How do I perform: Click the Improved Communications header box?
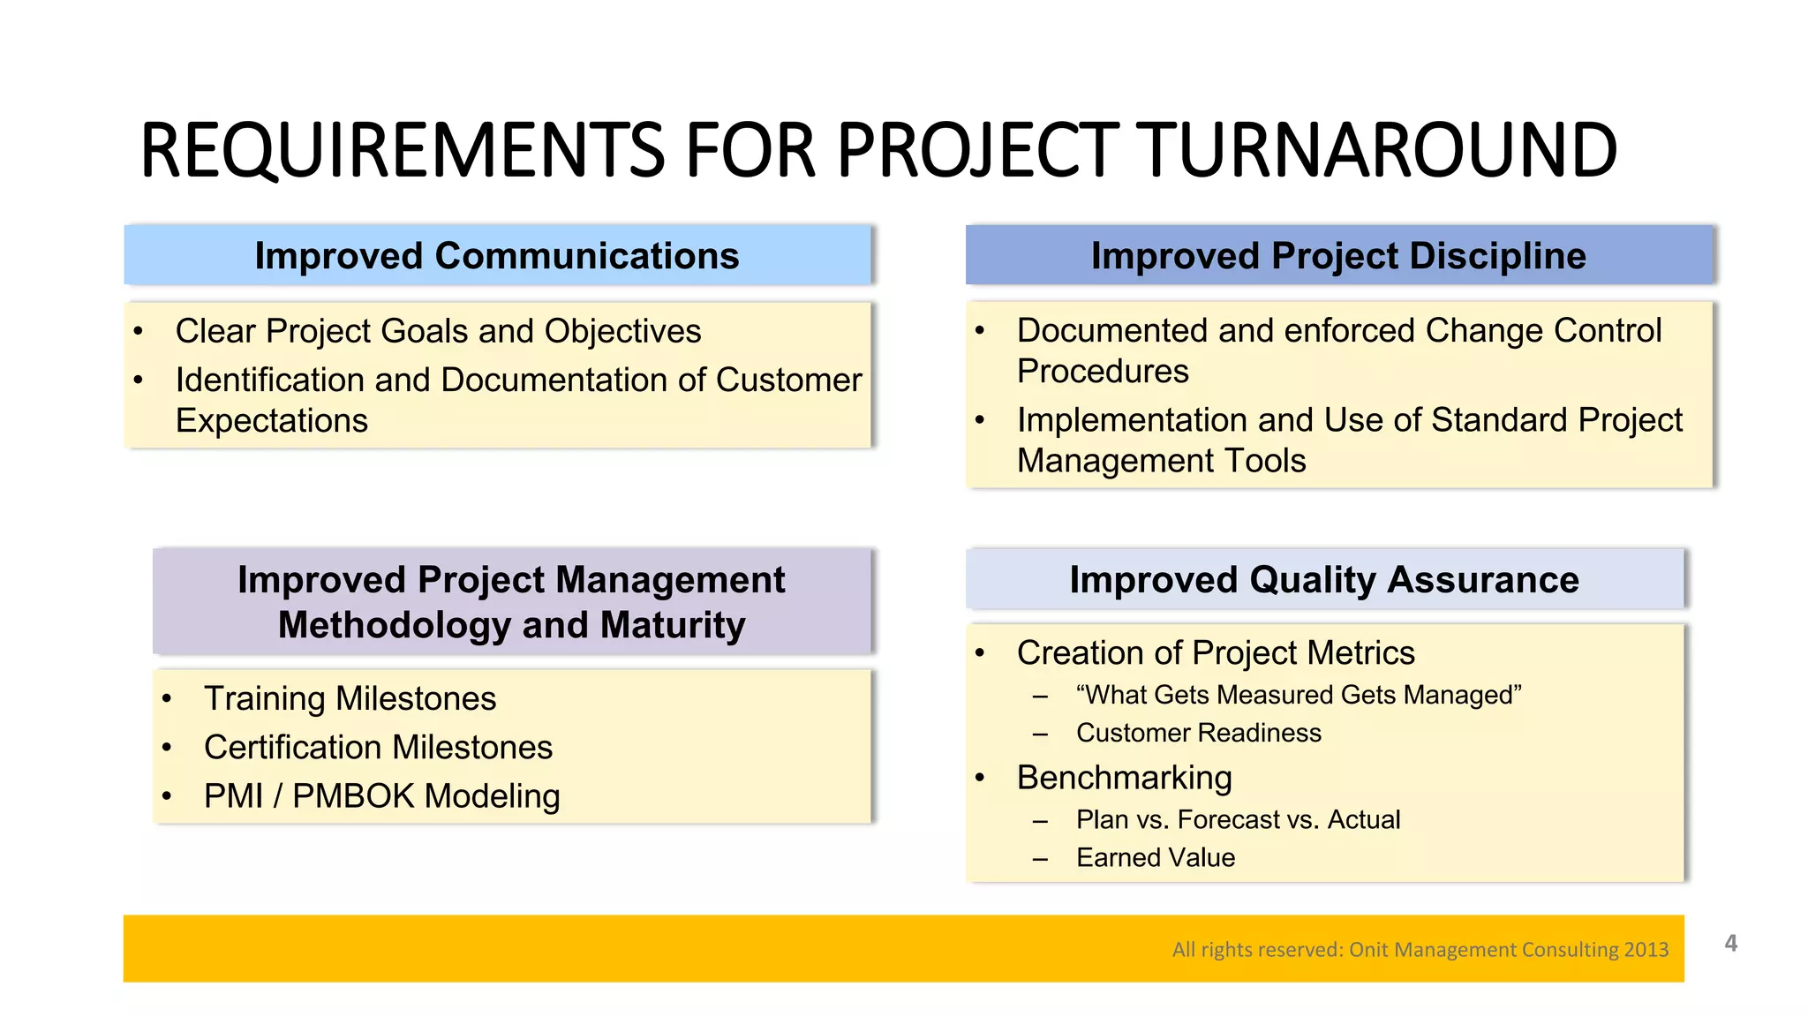click(497, 255)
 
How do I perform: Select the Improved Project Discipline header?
click(1338, 255)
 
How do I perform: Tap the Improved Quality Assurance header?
click(1324, 579)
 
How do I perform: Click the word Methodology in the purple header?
click(394, 625)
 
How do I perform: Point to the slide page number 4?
click(1730, 943)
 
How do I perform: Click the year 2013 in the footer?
click(1646, 949)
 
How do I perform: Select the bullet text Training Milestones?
click(350, 698)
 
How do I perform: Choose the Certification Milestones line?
click(378, 747)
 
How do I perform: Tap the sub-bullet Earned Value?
click(1155, 857)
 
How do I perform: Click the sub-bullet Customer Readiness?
click(1198, 733)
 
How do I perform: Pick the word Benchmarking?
click(1124, 778)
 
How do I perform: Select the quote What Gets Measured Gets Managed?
click(1299, 695)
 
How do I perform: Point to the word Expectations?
click(272, 420)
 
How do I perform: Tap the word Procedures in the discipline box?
click(1103, 371)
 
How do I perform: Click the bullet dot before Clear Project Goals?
click(138, 332)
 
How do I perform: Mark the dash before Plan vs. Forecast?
click(1040, 821)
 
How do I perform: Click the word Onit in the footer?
click(1368, 949)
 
